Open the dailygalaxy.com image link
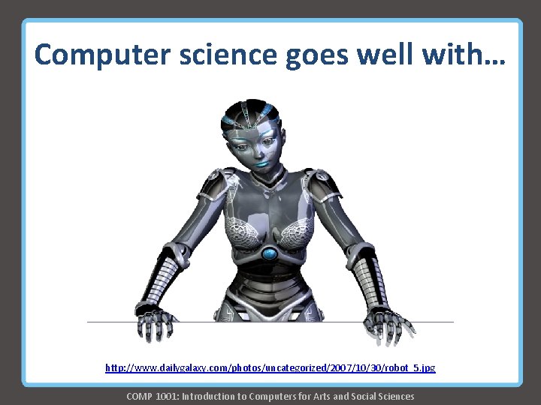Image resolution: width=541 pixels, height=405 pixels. tap(270, 368)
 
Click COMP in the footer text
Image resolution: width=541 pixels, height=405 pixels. tap(140, 396)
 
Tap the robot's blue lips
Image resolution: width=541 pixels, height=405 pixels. tap(260, 159)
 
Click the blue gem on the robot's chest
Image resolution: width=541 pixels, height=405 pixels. tap(270, 253)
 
